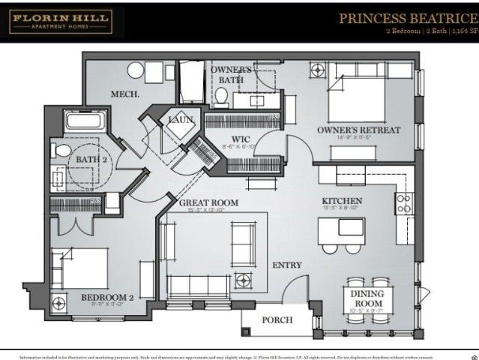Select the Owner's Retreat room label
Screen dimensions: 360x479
358,130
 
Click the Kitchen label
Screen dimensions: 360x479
342,201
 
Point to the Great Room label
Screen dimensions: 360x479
208,202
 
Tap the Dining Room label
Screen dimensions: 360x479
367,298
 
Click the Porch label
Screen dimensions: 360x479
277,320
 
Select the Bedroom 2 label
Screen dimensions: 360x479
107,298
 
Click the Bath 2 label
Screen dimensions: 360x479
90,159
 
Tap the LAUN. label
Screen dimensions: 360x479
181,119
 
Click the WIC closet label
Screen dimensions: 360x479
240,139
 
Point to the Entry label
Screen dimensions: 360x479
286,264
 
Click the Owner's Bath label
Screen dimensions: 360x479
232,74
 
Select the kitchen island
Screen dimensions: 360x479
341,229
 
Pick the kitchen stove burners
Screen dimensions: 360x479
403,202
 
